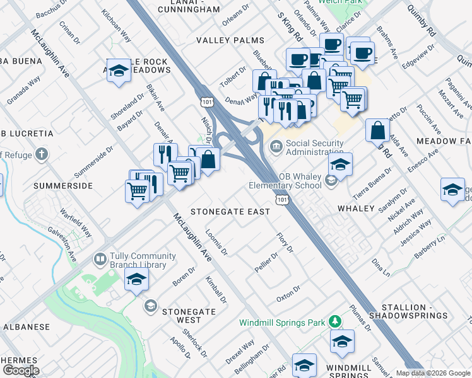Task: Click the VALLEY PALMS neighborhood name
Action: (x=221, y=40)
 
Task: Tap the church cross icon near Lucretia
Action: (x=42, y=154)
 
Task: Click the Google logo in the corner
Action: (x=21, y=370)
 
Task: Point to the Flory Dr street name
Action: (x=285, y=243)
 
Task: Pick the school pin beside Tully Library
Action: (x=136, y=280)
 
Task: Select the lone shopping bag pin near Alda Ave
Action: (x=377, y=130)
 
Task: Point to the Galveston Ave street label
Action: (x=62, y=244)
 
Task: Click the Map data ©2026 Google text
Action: (x=433, y=373)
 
